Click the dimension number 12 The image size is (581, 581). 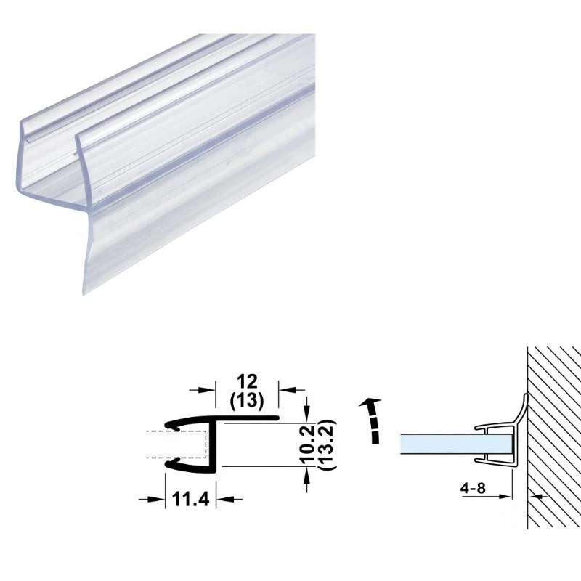(247, 381)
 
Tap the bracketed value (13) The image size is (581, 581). (247, 401)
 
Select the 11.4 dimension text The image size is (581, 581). (190, 499)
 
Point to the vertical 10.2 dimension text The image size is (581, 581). (307, 444)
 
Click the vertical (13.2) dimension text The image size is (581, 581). (328, 444)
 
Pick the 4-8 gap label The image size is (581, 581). (473, 488)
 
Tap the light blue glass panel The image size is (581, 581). (457, 444)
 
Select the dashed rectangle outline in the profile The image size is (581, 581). (176, 444)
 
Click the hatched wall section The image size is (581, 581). (554, 437)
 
